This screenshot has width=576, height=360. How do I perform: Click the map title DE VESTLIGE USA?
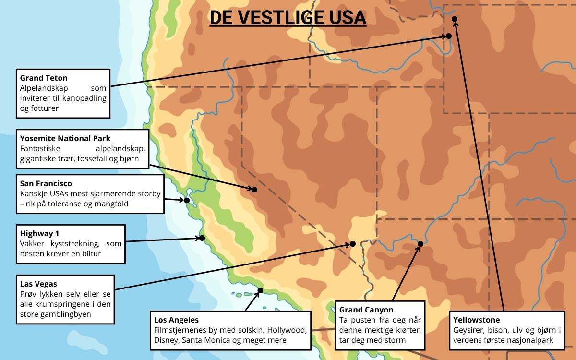click(x=288, y=17)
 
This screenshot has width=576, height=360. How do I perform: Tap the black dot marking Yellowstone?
click(x=455, y=19)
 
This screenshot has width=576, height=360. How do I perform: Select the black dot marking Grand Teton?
click(x=449, y=36)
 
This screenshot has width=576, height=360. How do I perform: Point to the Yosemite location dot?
click(x=254, y=190)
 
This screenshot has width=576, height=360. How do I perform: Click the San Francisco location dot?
click(x=187, y=200)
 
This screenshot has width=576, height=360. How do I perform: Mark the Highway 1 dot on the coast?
click(x=202, y=238)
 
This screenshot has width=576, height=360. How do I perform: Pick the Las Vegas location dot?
click(x=352, y=244)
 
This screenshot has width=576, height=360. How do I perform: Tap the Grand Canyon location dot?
click(x=420, y=244)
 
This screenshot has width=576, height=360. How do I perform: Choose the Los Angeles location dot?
click(x=260, y=290)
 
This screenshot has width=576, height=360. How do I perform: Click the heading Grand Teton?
click(x=44, y=78)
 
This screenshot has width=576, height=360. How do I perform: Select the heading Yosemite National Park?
click(x=65, y=139)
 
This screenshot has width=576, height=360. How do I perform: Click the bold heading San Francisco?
click(x=46, y=183)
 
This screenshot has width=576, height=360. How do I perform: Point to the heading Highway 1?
click(x=39, y=234)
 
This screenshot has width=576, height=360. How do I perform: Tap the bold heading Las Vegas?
click(x=38, y=284)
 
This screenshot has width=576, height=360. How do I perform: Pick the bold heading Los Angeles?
click(x=176, y=320)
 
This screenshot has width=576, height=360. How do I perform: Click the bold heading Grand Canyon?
click(x=366, y=310)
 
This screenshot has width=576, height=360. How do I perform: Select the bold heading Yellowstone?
click(x=476, y=320)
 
